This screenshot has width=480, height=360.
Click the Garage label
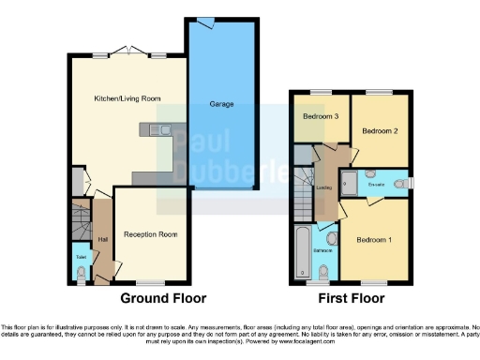click(x=221, y=104)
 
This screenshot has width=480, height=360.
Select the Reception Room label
click(x=150, y=233)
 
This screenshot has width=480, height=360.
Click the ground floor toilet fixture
click(x=81, y=272)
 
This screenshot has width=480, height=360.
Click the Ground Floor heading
click(x=157, y=299)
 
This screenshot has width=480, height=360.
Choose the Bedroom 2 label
click(x=380, y=129)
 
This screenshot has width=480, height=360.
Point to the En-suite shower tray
click(x=348, y=183)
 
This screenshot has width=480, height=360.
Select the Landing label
click(x=324, y=187)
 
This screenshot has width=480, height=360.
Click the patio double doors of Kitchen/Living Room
click(x=125, y=51)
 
